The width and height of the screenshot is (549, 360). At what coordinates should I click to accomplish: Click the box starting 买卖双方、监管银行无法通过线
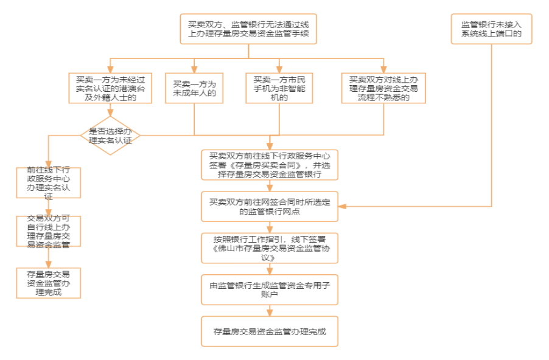(248, 29)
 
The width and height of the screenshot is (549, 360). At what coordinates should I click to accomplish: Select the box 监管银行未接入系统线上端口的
(491, 29)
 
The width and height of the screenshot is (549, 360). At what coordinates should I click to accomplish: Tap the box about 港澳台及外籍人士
(110, 88)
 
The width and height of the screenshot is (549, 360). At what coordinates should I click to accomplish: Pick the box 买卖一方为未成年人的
(194, 88)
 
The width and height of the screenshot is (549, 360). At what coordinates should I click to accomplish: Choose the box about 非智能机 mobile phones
(279, 88)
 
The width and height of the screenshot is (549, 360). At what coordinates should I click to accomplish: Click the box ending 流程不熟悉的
(383, 88)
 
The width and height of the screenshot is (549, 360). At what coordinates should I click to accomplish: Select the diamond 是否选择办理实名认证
(110, 136)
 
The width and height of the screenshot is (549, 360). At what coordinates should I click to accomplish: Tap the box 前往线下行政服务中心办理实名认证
(48, 182)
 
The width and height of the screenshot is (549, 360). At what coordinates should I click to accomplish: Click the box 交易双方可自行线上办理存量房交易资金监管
(48, 231)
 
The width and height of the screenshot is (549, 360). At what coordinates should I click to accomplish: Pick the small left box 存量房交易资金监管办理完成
(48, 283)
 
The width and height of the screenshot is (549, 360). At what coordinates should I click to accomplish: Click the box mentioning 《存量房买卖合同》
(270, 165)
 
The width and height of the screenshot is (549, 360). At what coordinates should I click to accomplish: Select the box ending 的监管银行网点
(270, 206)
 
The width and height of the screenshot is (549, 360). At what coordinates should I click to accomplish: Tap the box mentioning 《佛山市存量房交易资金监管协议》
(270, 248)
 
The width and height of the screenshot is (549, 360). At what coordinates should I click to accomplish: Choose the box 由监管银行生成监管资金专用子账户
(270, 289)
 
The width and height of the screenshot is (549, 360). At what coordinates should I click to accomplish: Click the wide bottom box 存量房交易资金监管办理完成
(270, 331)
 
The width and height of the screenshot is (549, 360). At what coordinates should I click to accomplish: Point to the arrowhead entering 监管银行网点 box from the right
(342, 206)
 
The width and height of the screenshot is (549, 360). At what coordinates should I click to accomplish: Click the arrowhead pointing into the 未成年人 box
(194, 69)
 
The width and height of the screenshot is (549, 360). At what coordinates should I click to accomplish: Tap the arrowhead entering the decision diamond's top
(110, 112)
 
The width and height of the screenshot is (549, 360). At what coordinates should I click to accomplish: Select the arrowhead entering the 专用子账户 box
(270, 271)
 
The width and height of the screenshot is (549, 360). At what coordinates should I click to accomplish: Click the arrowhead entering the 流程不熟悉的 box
(383, 69)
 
